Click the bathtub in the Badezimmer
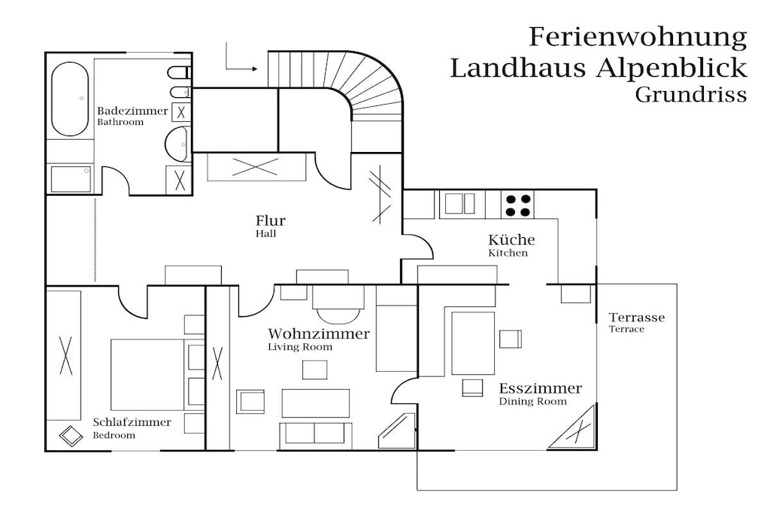70,99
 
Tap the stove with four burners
517,205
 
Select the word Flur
270,221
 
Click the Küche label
511,240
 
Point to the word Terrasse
637,318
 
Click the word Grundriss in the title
691,95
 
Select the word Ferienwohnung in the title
638,38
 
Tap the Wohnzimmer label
319,334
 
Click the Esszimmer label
540,388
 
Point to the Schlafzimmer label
132,422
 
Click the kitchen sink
459,204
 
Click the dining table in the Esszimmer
473,343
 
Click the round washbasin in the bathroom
177,144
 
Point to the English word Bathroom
120,123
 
